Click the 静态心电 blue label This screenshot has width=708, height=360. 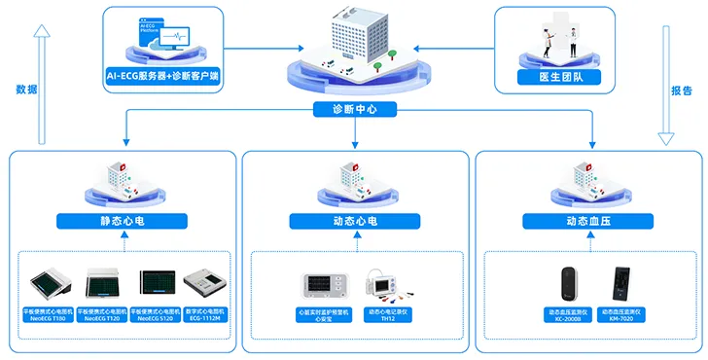coord(122,221)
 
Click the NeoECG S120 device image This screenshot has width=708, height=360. coord(157,283)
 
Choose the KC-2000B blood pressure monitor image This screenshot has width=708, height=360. coord(566,283)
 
